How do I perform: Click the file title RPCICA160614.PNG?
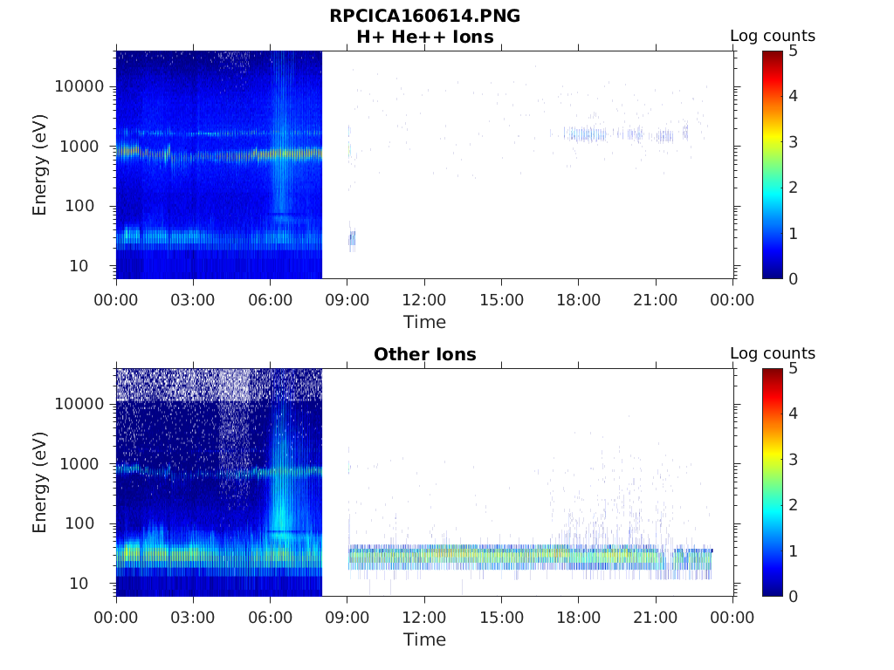pos(424,16)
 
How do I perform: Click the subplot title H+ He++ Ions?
pos(424,37)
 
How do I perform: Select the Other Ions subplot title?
pos(424,354)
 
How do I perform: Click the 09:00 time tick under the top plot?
pos(347,300)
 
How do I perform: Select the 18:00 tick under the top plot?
pos(579,300)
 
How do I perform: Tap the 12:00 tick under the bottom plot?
pos(424,618)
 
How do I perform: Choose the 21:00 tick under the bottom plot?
pos(656,618)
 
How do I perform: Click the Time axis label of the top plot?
pos(424,322)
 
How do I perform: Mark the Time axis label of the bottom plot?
pos(424,639)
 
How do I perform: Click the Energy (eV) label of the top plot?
pos(40,165)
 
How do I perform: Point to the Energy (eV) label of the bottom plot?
pos(40,482)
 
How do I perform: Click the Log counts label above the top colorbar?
pos(773,37)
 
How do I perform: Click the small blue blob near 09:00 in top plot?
pos(352,237)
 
